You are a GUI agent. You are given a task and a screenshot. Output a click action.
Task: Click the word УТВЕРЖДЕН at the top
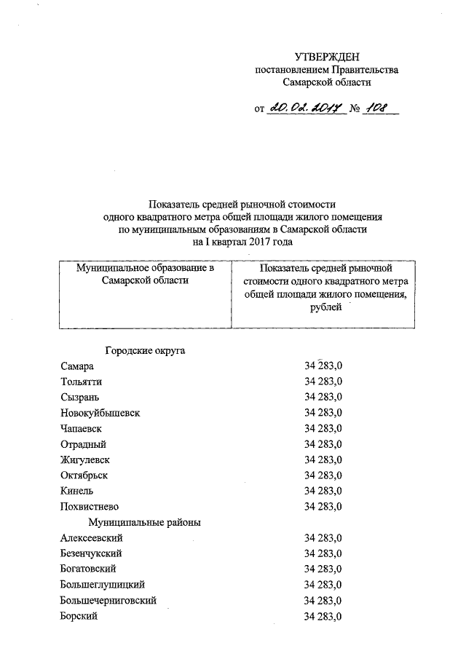coord(327,57)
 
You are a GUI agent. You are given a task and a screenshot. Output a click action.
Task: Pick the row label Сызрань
coord(80,397)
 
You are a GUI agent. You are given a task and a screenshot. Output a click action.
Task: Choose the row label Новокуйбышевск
coord(100,412)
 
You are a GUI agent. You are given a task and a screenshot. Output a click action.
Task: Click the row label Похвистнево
coord(90,506)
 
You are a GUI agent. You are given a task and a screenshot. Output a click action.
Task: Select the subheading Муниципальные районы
coord(145,522)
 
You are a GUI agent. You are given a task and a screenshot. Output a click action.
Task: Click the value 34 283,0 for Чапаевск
coord(324,428)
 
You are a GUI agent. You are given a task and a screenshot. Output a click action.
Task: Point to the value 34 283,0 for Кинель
coord(324,491)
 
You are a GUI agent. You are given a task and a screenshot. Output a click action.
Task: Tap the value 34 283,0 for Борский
coord(324,616)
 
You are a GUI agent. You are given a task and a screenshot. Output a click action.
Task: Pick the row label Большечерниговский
coord(108,601)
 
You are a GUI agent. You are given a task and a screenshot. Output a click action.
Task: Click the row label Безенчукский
coord(90,553)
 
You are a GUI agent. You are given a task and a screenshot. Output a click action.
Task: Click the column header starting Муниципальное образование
coord(146,275)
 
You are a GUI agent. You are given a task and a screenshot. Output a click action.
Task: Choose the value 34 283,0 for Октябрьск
coord(324,475)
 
